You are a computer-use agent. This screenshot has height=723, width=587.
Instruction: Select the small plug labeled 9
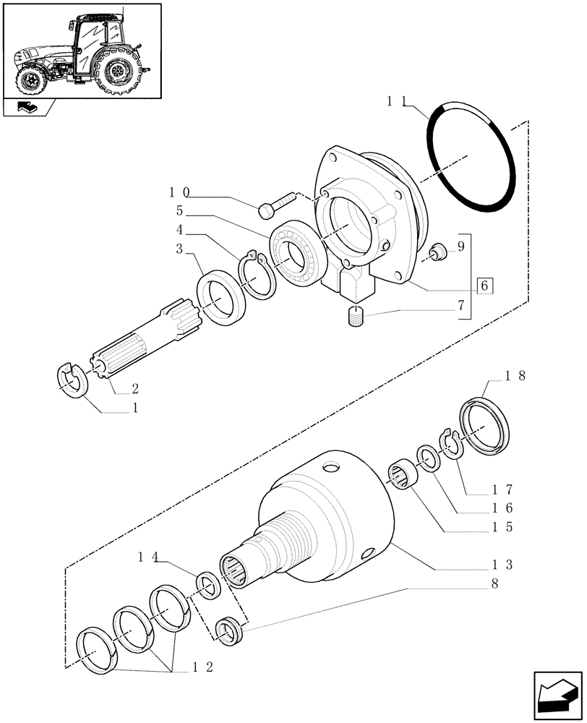tap(437, 252)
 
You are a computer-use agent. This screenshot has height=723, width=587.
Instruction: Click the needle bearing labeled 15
tap(408, 477)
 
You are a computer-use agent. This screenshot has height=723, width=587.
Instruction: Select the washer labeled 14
tap(207, 584)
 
